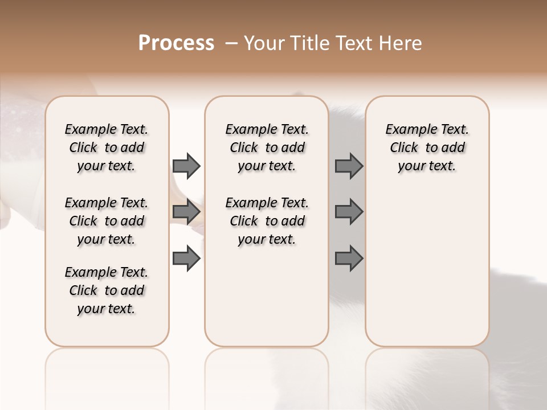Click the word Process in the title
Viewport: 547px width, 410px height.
click(x=176, y=43)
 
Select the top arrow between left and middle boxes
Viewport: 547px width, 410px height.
click(x=186, y=166)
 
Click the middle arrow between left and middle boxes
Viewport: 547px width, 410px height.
click(x=186, y=212)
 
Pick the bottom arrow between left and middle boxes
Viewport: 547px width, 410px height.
click(x=186, y=259)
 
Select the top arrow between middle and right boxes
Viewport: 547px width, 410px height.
click(x=349, y=166)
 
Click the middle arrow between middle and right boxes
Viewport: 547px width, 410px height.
click(x=349, y=212)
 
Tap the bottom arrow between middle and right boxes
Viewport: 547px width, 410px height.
click(x=349, y=259)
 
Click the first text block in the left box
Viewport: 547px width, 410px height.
click(x=107, y=147)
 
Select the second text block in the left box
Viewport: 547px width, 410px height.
click(x=107, y=221)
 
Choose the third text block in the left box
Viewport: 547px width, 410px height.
click(x=107, y=290)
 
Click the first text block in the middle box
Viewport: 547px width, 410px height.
click(x=267, y=147)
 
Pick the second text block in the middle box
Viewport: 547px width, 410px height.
click(x=267, y=221)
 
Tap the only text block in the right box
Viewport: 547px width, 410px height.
click(x=427, y=147)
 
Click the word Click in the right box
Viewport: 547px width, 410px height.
click(x=404, y=147)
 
